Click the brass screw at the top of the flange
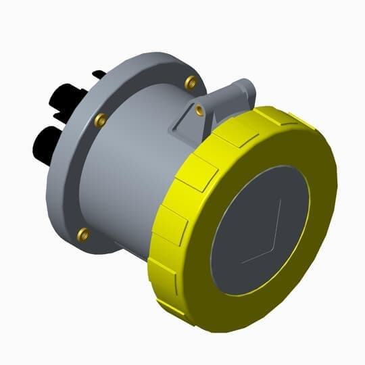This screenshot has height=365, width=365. [x=190, y=82]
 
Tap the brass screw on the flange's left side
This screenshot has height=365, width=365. [x=100, y=120]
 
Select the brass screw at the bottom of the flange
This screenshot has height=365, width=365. [x=83, y=234]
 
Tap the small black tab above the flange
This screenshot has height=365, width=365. [x=98, y=73]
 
